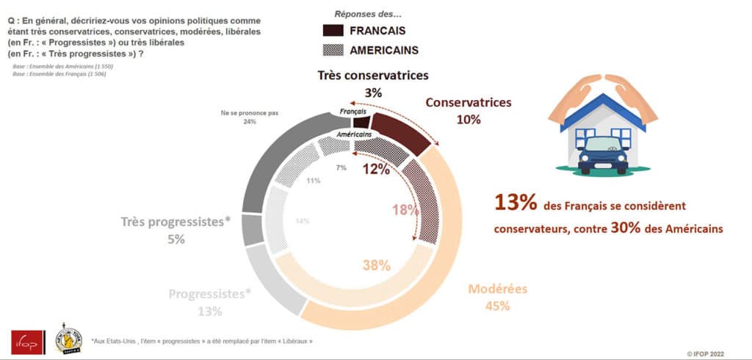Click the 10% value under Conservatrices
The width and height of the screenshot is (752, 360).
click(469, 119)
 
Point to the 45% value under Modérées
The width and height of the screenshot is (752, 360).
click(497, 306)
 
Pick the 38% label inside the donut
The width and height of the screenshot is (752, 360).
click(376, 266)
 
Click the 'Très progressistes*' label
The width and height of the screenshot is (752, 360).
click(176, 223)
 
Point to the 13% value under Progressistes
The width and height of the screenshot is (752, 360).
click(209, 311)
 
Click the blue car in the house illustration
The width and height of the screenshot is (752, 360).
click(603, 154)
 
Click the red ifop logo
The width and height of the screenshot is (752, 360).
click(22, 340)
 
